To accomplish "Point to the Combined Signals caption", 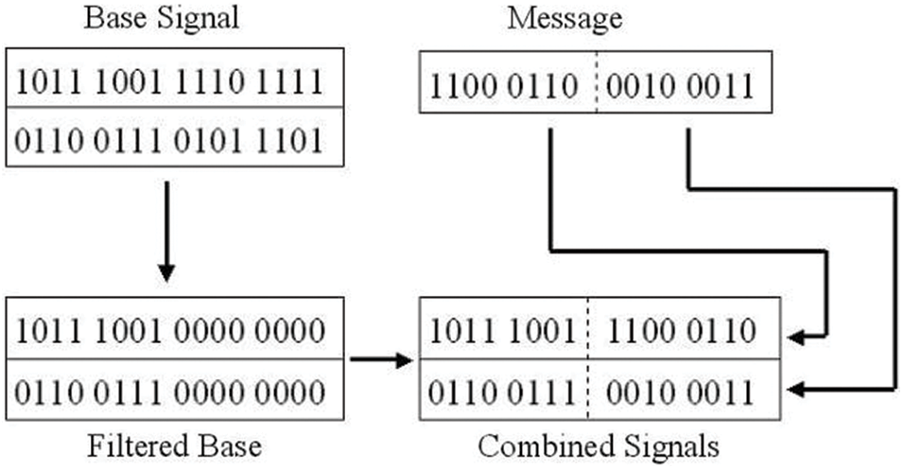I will (599, 445).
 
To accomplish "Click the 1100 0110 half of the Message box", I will (503, 88).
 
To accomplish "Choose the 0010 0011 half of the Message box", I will (686, 88).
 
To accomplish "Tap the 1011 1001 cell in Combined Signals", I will (503, 330).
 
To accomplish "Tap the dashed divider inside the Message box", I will (596, 88).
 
